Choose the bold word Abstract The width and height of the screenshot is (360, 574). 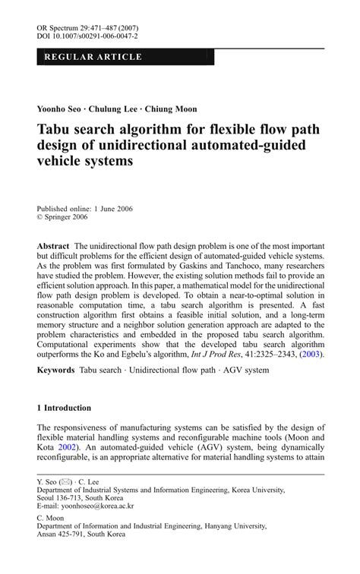tap(53, 248)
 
